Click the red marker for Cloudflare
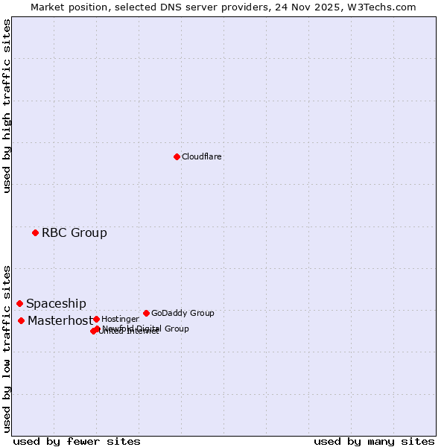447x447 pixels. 177,156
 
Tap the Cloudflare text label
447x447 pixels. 202,157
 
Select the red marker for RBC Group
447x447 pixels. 35,233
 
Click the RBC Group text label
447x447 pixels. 74,233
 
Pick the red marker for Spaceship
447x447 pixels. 19,304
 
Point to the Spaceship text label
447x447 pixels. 56,304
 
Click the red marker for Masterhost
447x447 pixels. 21,321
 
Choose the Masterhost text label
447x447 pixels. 60,321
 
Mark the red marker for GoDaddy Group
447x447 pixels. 146,314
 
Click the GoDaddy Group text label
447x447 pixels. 183,314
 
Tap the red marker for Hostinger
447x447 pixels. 96,320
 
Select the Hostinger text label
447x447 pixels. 120,320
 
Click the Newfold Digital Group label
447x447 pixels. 146,329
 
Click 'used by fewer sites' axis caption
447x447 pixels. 77,441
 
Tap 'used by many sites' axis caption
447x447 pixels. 374,441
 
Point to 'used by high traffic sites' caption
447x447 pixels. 7,106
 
